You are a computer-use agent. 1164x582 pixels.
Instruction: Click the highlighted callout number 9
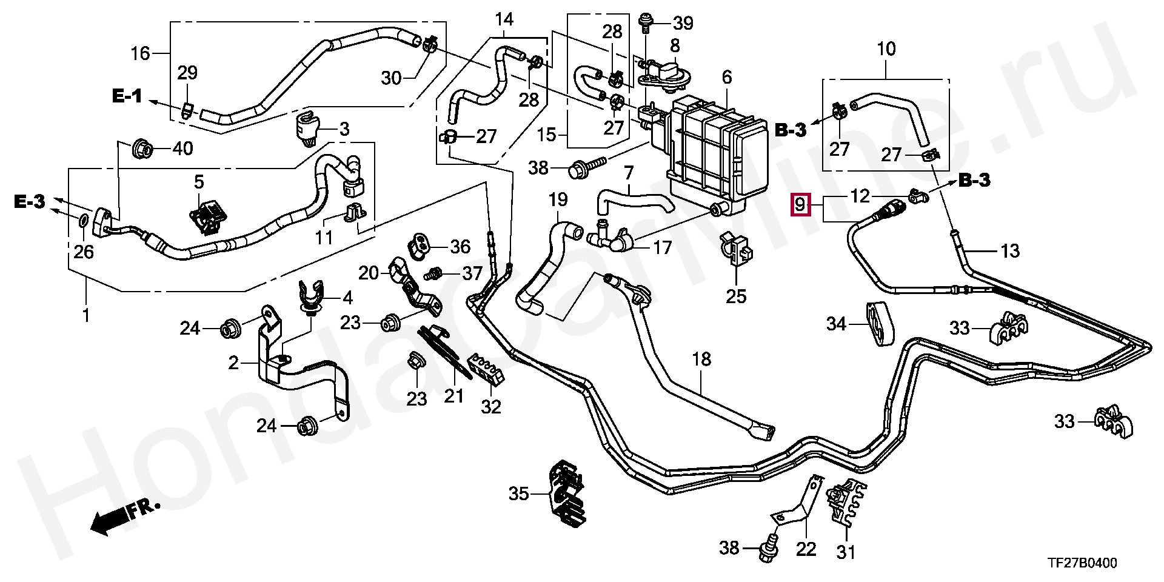point(800,205)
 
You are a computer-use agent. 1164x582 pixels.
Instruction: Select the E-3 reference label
point(30,202)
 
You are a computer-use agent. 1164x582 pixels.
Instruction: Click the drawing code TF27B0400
point(1082,563)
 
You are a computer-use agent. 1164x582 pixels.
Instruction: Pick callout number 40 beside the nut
point(182,148)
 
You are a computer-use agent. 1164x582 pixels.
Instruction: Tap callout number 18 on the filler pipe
point(701,359)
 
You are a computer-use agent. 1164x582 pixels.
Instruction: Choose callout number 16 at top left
point(140,53)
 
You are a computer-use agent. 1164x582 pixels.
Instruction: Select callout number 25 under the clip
point(737,296)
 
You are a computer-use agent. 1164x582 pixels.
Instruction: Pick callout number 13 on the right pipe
point(1010,250)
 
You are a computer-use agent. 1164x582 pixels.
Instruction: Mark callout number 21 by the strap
point(453,396)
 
